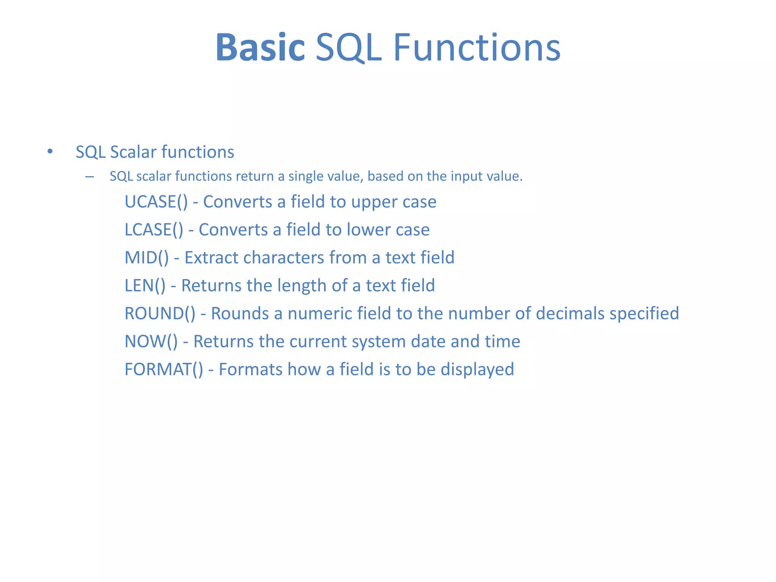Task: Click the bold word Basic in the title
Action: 260,47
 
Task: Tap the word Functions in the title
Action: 477,47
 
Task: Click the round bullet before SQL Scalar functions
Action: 50,152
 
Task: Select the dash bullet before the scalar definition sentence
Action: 90,177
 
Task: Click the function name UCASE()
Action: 156,202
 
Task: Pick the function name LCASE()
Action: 154,230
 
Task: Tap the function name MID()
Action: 147,258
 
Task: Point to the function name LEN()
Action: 145,286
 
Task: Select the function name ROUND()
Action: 160,314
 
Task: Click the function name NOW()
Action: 151,341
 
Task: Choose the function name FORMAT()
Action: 164,369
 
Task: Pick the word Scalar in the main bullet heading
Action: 133,152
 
